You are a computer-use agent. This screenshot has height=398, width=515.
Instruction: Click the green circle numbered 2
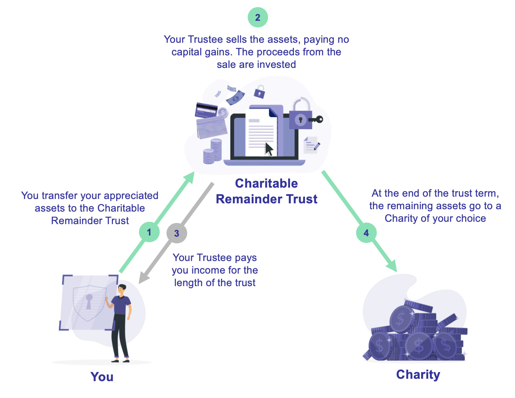tap(257, 17)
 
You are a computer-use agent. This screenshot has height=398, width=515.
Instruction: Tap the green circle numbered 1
tap(149, 232)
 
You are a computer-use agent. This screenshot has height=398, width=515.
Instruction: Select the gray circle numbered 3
tap(177, 233)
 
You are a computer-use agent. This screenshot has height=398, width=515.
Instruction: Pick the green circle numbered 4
tap(366, 233)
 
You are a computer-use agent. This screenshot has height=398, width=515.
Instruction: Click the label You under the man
tap(102, 377)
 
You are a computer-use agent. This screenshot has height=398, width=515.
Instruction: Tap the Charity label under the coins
tap(418, 375)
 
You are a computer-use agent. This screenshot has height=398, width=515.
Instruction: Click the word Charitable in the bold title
tap(267, 183)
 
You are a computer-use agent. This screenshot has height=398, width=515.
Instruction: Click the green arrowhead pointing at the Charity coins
tap(391, 265)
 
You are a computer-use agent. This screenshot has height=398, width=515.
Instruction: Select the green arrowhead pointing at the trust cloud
tap(189, 178)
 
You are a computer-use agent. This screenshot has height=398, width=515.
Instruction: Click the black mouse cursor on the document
tap(269, 149)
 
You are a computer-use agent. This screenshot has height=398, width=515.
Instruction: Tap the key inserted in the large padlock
tap(316, 119)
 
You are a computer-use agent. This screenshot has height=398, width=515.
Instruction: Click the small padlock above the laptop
tap(259, 91)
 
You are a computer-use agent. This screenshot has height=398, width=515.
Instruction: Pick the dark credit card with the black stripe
tap(206, 110)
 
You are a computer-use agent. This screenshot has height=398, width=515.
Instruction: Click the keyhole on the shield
tap(89, 301)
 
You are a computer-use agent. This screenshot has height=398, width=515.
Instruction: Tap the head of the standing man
tap(122, 290)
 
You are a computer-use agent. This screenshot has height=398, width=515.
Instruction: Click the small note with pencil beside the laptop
tap(311, 145)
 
